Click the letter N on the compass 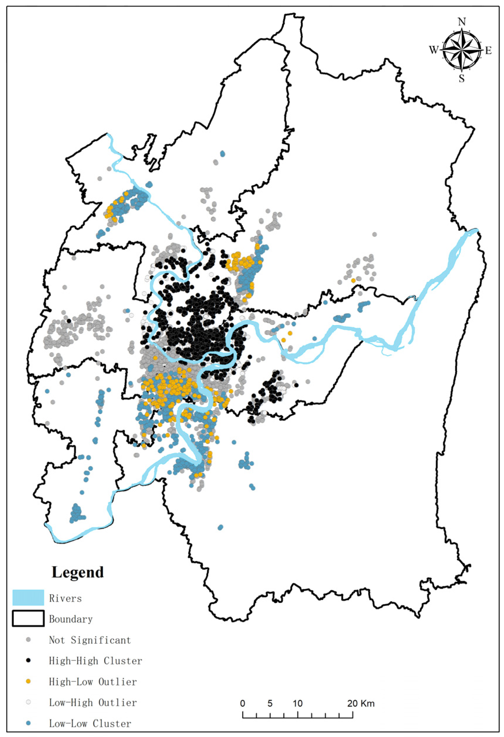pyautogui.click(x=461, y=22)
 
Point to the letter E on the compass pyautogui.click(x=488, y=50)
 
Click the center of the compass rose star pyautogui.click(x=461, y=50)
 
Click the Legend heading pyautogui.click(x=77, y=572)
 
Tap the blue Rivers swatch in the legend pyautogui.click(x=28, y=598)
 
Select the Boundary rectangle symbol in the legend pyautogui.click(x=28, y=619)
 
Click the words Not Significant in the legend pyautogui.click(x=90, y=640)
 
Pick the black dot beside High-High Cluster pyautogui.click(x=28, y=660)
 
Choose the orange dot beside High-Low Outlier pyautogui.click(x=28, y=681)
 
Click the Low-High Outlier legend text pyautogui.click(x=93, y=702)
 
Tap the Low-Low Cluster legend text pyautogui.click(x=90, y=724)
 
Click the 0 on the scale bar pyautogui.click(x=242, y=703)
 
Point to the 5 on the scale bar pyautogui.click(x=270, y=703)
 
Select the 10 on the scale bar pyautogui.click(x=297, y=703)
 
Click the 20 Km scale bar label pyautogui.click(x=361, y=703)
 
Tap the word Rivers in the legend pyautogui.click(x=65, y=598)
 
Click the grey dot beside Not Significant pyautogui.click(x=28, y=640)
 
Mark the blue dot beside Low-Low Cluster pyautogui.click(x=28, y=723)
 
